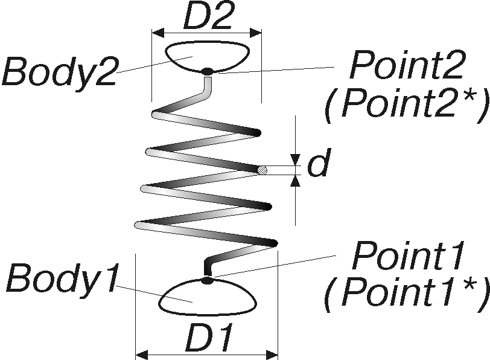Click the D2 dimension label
pos(208,15)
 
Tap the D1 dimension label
pos(209,338)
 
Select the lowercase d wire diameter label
pos(319,162)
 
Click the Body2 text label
pos(60,71)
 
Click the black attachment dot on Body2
pos(206,72)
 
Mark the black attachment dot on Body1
pos(206,280)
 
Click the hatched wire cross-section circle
pos(262,170)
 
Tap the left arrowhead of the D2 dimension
pos(158,33)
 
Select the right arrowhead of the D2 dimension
pos(255,33)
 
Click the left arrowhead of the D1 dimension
pos(142,355)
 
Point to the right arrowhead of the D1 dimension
pos(272,355)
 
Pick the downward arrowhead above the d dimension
pos(295,159)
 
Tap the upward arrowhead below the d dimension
pos(295,181)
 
